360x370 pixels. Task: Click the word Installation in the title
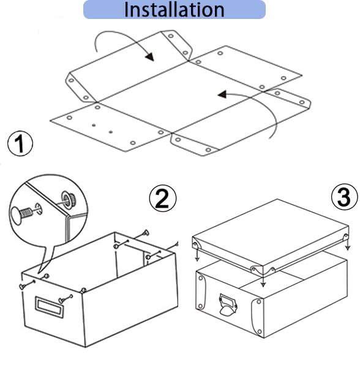point(174,9)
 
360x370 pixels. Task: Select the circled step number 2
point(162,198)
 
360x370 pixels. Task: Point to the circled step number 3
point(344,197)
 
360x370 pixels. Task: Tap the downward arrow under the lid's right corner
point(348,243)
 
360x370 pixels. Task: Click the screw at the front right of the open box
point(66,298)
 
